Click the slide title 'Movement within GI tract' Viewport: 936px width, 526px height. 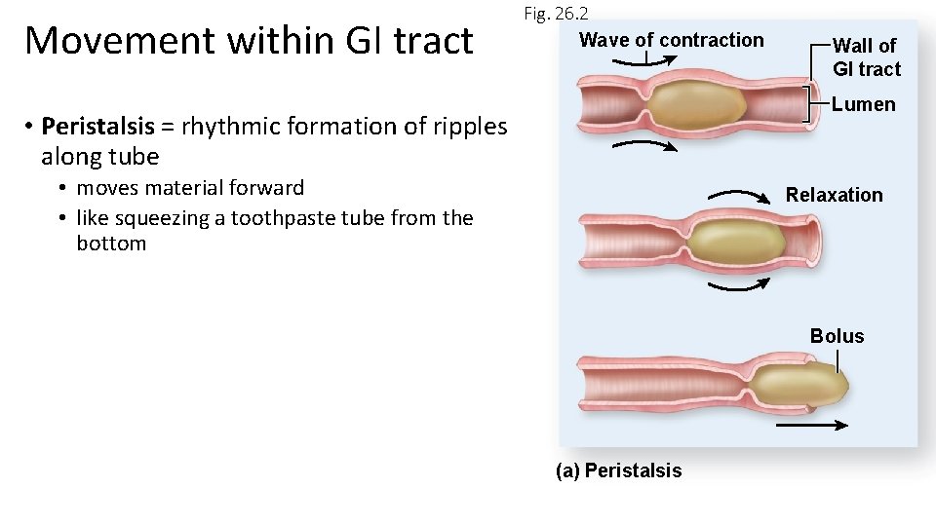tap(249, 41)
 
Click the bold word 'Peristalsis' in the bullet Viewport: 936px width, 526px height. tap(97, 127)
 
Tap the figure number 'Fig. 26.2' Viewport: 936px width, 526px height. tap(556, 14)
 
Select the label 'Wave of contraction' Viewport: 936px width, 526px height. tap(671, 40)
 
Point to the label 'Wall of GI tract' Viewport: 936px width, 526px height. tap(866, 57)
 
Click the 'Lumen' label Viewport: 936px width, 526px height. tap(863, 104)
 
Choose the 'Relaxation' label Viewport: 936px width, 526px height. tap(834, 195)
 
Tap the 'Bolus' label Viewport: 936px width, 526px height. tap(837, 336)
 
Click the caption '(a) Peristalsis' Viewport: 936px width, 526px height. tap(618, 471)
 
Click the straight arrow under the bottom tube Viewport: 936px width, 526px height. tap(812, 426)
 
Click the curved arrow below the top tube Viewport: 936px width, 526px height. tap(645, 145)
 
